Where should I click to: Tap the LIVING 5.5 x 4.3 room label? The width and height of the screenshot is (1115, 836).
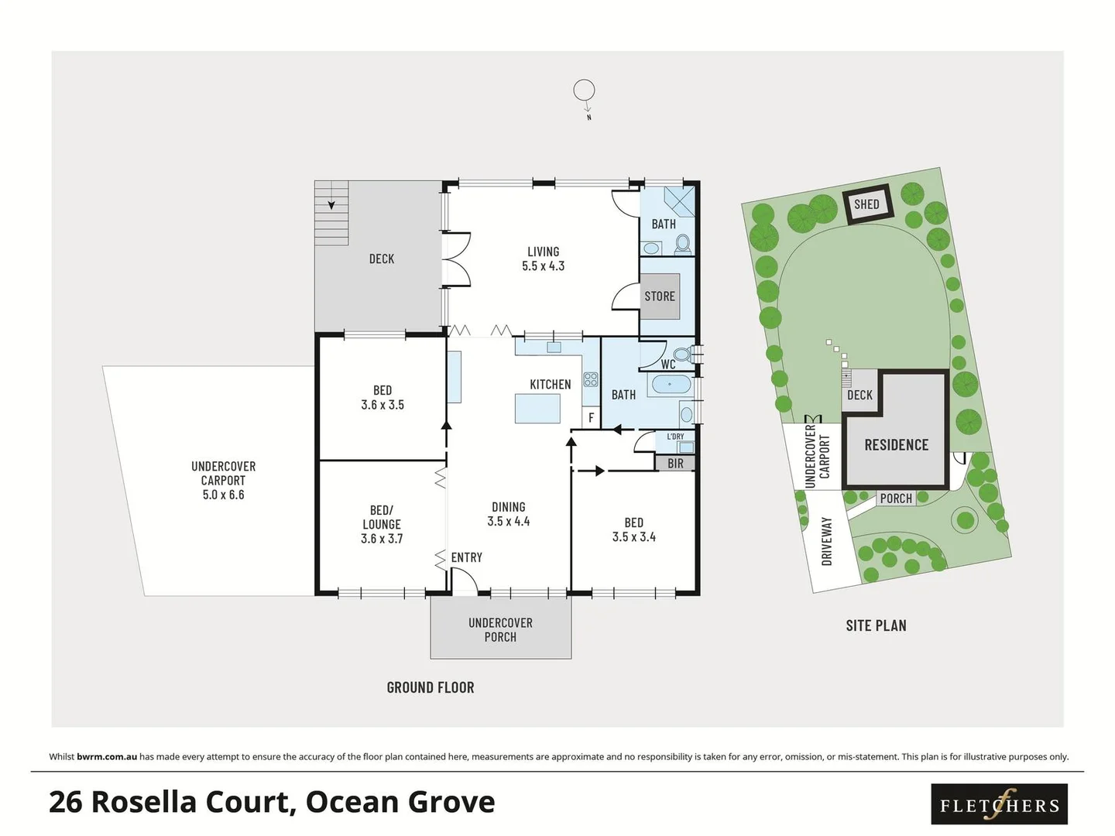click(x=543, y=259)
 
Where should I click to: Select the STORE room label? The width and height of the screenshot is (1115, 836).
click(x=660, y=296)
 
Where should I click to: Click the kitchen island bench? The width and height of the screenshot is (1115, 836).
click(x=537, y=408)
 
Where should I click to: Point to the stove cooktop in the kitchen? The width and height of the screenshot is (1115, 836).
click(x=591, y=379)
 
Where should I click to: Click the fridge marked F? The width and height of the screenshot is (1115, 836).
click(x=591, y=417)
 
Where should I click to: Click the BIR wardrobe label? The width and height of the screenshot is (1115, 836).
click(x=675, y=463)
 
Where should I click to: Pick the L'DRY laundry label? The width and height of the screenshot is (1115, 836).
click(x=675, y=437)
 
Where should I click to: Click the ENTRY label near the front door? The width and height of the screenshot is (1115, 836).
click(x=466, y=557)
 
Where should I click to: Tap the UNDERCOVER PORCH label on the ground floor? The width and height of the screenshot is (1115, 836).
click(x=500, y=629)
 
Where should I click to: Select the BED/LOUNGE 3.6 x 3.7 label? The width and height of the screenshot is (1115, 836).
click(x=382, y=524)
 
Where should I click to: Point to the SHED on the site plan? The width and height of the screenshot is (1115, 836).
click(x=867, y=204)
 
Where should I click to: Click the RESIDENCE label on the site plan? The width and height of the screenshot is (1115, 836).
click(x=896, y=445)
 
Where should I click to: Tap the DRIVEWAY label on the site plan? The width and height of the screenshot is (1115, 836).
click(x=826, y=541)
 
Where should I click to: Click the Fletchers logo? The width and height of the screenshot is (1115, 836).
click(x=999, y=804)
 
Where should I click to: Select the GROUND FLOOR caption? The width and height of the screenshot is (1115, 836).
click(x=431, y=687)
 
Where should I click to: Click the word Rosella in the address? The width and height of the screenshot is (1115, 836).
click(x=194, y=802)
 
